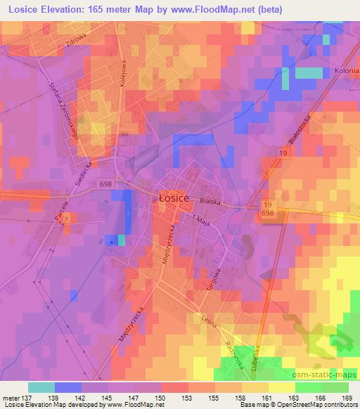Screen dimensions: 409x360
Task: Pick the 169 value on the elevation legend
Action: click(x=347, y=397)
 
